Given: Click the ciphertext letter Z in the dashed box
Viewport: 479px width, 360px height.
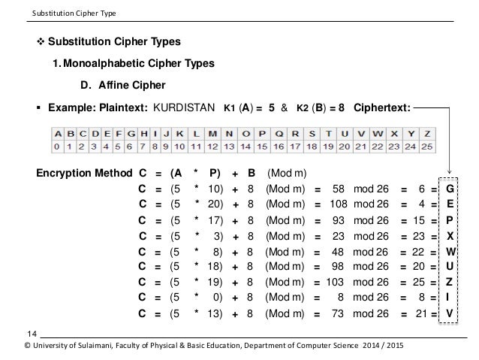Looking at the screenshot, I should pos(450,282).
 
